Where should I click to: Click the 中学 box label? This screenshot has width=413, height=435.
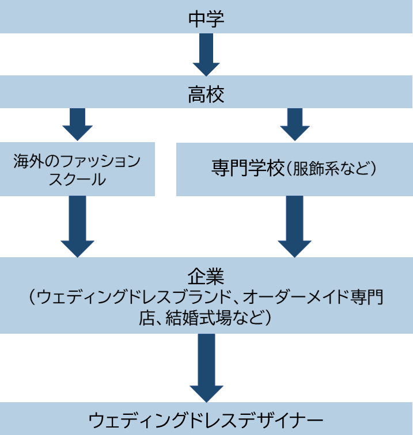tap(206, 18)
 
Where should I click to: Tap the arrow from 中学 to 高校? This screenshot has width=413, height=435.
tap(206, 55)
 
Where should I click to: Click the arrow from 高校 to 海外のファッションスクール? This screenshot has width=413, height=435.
tap(77, 124)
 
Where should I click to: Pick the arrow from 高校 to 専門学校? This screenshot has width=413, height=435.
tap(294, 124)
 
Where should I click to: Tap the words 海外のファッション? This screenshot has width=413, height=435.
tap(77, 161)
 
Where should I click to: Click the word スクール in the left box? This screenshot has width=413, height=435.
tap(77, 179)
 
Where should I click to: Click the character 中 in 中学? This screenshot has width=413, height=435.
tap(196, 18)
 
